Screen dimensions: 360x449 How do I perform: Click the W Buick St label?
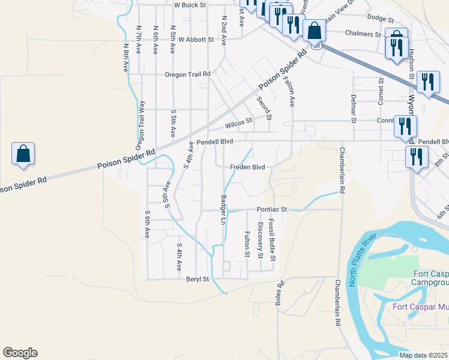tap(190, 5)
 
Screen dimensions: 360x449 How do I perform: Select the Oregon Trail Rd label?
tap(188, 74)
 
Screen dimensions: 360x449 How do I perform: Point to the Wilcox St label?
tap(238, 124)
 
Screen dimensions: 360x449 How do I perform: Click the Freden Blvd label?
tap(248, 167)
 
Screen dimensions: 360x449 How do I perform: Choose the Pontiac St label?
tap(273, 209)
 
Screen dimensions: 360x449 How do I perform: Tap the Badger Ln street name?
tap(223, 210)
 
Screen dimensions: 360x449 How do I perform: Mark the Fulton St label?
tap(247, 245)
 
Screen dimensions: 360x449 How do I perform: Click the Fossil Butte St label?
tap(272, 240)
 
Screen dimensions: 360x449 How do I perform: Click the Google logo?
tap(20, 353)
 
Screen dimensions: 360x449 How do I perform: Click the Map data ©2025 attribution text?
tap(423, 355)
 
